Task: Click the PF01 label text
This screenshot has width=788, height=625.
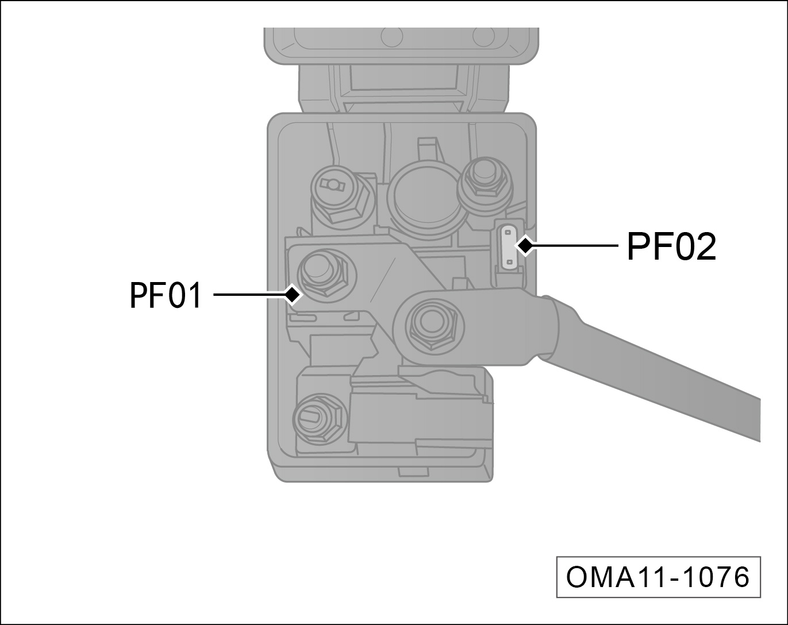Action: (166, 295)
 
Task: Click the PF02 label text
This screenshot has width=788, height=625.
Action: (671, 246)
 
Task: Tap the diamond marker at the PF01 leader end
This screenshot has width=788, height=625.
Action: (293, 294)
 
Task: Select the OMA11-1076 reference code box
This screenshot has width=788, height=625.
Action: (658, 577)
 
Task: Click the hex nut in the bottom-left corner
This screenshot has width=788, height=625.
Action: (320, 419)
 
